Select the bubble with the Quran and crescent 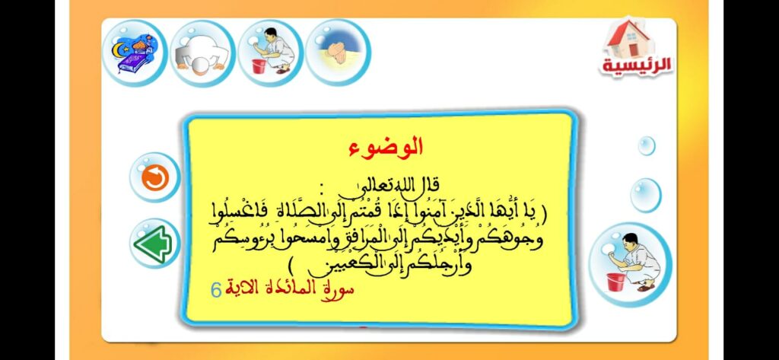135,53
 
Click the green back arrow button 154,244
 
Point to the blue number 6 216,289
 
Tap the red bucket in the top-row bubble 259,66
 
